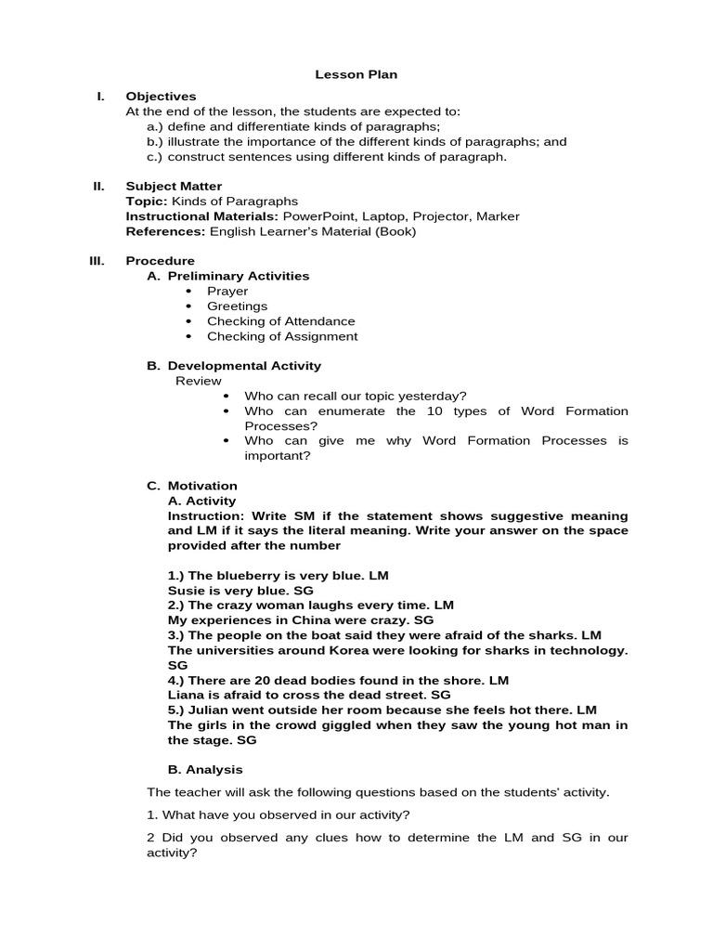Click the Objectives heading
161,97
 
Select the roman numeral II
99,187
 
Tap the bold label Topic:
146,202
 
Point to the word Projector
440,216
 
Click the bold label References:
166,231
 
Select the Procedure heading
160,261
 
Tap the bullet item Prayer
227,292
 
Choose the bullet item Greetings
237,306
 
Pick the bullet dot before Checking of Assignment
189,336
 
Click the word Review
199,381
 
